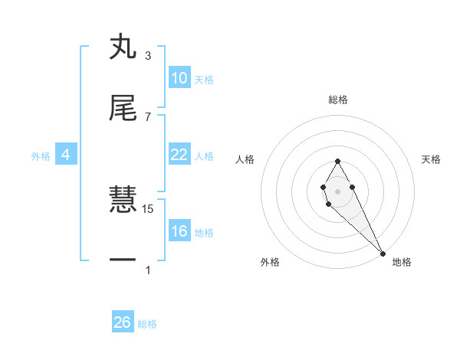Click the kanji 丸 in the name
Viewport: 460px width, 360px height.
123,48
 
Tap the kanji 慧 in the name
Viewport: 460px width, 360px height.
123,200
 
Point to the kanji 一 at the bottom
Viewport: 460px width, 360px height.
123,260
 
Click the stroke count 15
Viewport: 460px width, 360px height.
149,208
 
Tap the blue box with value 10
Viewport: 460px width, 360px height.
179,78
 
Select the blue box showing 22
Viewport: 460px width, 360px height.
179,155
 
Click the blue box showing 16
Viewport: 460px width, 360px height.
179,231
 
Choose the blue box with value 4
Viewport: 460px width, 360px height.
66,155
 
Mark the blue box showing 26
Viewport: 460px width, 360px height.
123,322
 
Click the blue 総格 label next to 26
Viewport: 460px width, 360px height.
147,324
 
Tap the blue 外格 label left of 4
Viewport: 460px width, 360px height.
41,156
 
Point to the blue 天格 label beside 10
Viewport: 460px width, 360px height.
204,80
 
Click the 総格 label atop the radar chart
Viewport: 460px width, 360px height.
337,100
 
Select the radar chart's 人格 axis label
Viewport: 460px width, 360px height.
245,159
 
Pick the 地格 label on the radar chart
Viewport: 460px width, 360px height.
402,262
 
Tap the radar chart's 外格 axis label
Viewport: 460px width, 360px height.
270,262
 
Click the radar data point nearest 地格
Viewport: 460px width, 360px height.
383,254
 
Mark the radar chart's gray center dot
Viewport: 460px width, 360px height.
337,190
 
